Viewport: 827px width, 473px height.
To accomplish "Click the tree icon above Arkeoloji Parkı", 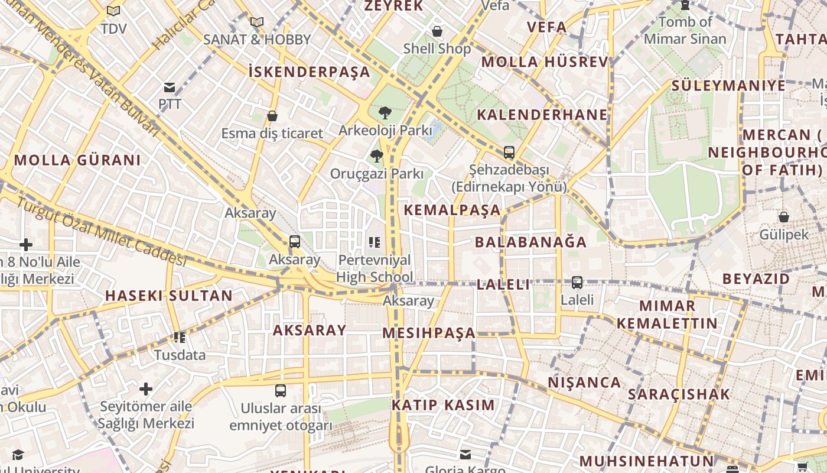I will pos(385,112).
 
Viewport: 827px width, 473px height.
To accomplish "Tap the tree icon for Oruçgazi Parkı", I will pos(376,156).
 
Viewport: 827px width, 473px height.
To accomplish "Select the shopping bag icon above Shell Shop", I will pos(437,31).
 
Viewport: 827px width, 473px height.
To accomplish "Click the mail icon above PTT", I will pos(170,88).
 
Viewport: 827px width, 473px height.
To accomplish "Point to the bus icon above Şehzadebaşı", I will pos(509,153).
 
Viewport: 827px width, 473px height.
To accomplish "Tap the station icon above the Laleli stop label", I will pos(577,283).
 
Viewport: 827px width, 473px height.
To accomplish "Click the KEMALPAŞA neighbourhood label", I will pos(452,210).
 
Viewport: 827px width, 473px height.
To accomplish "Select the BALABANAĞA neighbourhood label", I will pos(530,242).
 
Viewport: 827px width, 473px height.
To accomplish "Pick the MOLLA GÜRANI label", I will pos(77,160).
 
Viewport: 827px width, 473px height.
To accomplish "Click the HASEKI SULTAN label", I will pos(169,296).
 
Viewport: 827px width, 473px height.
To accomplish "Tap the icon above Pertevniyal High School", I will pos(374,242).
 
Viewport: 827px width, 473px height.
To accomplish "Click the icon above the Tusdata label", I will pos(180,338).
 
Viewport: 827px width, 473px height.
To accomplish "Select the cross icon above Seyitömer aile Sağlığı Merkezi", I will pos(146,389).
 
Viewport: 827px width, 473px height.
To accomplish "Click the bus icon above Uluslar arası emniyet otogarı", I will pos(281,391).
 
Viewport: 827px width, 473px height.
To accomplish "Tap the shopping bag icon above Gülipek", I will pos(783,217).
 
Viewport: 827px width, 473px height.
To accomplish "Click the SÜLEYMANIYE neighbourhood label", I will pos(728,86).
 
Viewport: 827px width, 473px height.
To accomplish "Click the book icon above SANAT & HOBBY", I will pos(256,22).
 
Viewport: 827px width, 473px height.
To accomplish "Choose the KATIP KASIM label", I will pos(443,405).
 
